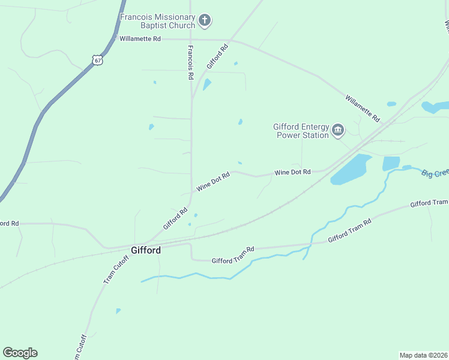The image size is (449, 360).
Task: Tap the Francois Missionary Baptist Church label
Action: (158, 22)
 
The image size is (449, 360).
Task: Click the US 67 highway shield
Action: (98, 60)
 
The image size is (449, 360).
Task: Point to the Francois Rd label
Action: (190, 62)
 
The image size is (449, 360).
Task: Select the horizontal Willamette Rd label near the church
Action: (140, 38)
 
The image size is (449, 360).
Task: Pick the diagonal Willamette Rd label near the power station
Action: (363, 108)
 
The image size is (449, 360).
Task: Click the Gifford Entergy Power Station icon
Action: (338, 130)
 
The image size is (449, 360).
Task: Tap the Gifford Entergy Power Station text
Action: (301, 131)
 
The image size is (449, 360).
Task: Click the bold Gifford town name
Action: (146, 250)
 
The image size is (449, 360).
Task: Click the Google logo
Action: (20, 353)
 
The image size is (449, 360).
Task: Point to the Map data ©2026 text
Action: (423, 355)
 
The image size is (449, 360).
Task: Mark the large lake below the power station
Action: (351, 169)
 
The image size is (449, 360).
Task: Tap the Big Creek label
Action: (435, 173)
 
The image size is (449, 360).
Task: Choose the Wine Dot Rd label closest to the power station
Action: (292, 172)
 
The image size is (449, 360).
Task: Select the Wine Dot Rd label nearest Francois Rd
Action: (214, 183)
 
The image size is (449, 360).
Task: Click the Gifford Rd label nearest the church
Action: (218, 56)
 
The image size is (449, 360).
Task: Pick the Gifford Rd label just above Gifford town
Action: (175, 218)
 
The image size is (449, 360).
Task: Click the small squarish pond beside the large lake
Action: (391, 163)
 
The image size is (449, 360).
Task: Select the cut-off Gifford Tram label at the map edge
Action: (429, 203)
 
